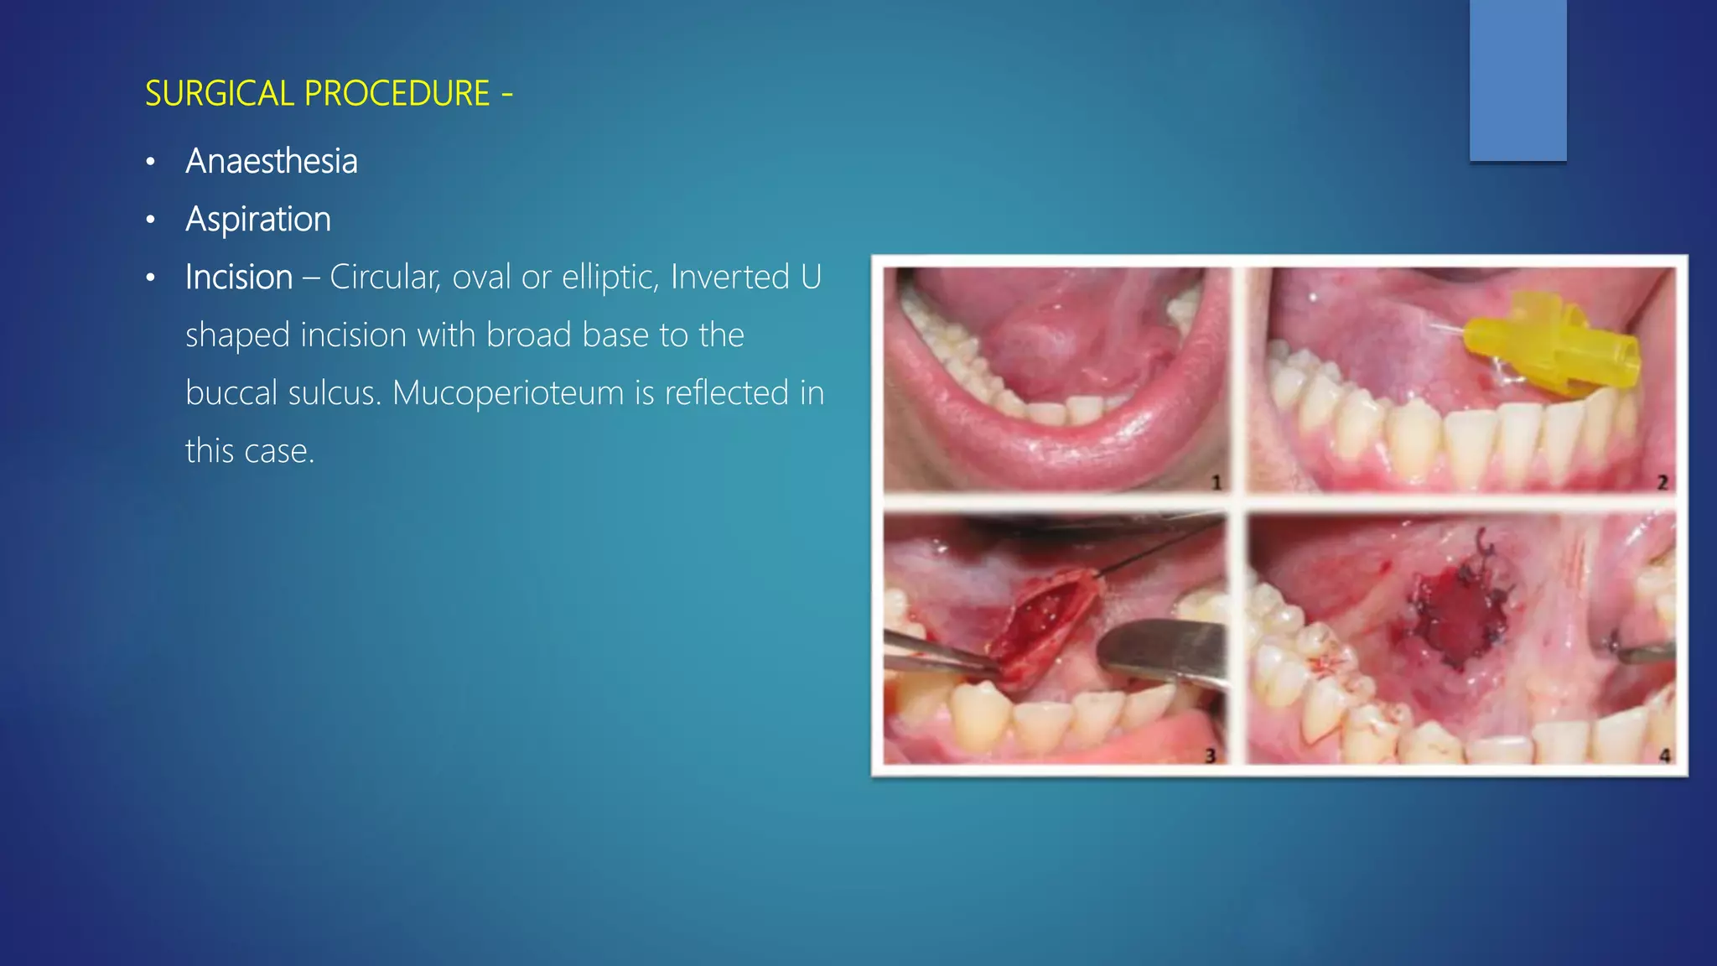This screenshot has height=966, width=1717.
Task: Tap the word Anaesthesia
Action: [x=272, y=161]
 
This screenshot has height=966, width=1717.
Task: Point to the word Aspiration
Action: [x=258, y=219]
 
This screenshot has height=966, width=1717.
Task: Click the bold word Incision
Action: [x=239, y=277]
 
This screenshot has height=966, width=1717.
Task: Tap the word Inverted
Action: [x=729, y=277]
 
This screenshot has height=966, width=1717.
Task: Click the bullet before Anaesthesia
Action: [x=151, y=162]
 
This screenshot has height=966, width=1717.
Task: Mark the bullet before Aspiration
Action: [x=151, y=220]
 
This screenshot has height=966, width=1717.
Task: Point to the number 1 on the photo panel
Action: [x=1216, y=482]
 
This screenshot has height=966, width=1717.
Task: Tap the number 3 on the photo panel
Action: [x=1210, y=756]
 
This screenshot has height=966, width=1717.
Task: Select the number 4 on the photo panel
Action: [x=1664, y=756]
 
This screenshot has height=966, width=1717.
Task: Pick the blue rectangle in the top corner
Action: [x=1517, y=80]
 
